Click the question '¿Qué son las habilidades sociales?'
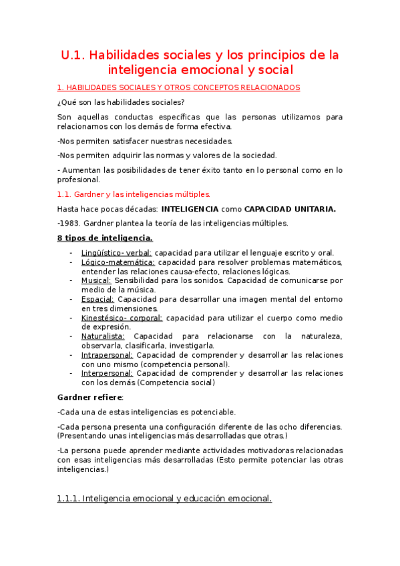click(x=122, y=102)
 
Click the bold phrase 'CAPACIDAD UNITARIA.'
click(x=290, y=209)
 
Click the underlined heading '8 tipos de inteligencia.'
click(x=105, y=238)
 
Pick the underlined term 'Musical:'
click(x=96, y=281)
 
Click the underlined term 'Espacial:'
click(x=97, y=300)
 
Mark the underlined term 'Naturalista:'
click(x=103, y=336)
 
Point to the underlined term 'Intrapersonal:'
click(x=107, y=355)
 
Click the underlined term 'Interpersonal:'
click(x=107, y=373)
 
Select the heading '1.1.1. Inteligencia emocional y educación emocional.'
click(x=165, y=498)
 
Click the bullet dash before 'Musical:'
click(x=71, y=281)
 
